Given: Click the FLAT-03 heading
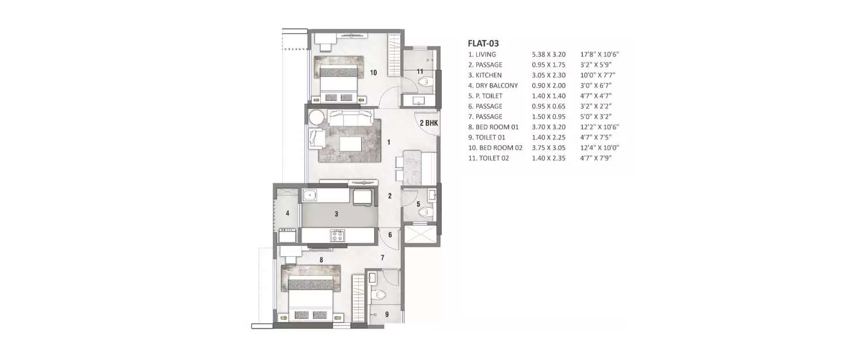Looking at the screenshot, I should pos(483,43).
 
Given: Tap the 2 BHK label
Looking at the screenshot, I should pos(429,123).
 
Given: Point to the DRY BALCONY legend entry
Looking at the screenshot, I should pos(497,86).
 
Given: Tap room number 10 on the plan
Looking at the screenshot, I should pos(373,73).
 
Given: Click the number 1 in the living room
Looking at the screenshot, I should pos(389,142).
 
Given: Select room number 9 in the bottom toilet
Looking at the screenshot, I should pos(386,314).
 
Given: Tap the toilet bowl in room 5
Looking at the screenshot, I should pos(425,211).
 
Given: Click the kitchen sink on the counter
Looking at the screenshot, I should pos(310,195).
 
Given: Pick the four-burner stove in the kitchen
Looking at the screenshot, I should pos(336,235).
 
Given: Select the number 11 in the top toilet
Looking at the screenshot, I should pos(420,71).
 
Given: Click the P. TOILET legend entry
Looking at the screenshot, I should pos(488,96).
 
